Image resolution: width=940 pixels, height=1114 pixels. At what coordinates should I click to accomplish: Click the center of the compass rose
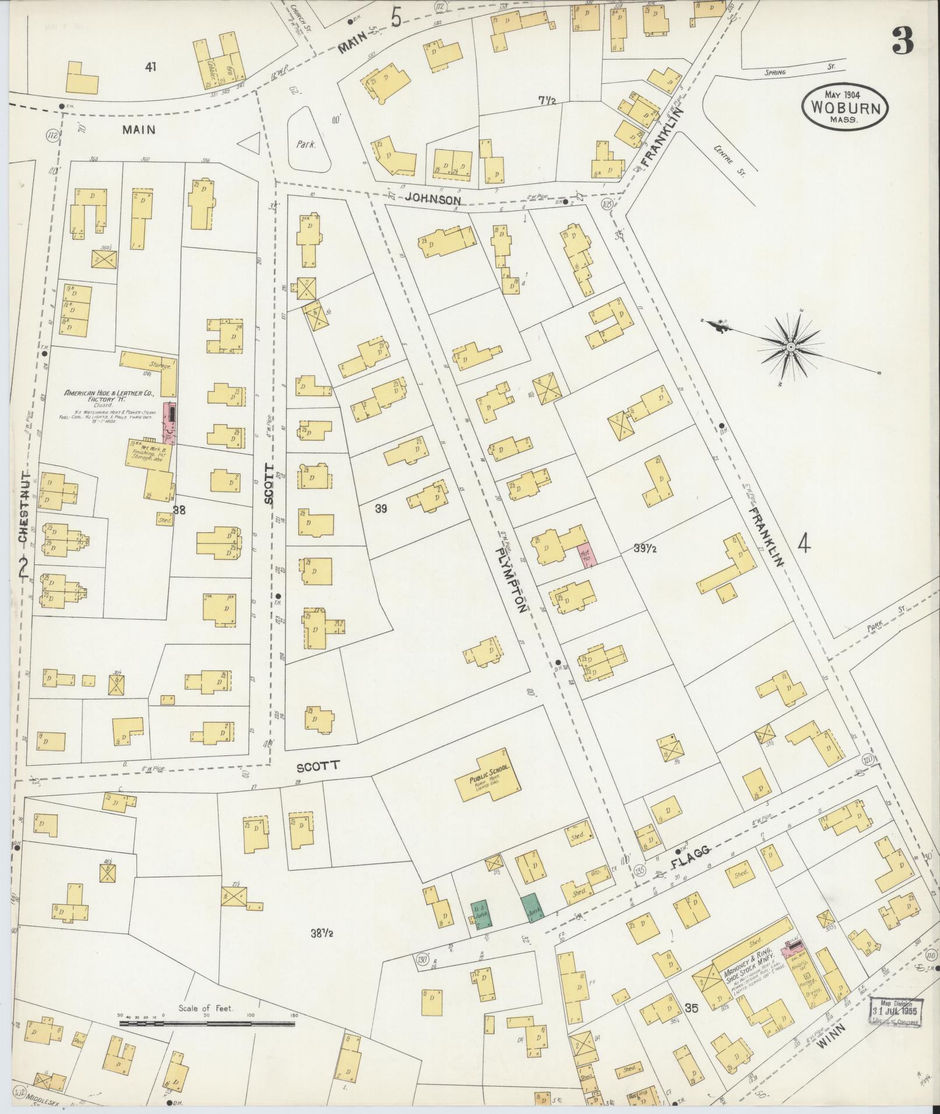click(791, 348)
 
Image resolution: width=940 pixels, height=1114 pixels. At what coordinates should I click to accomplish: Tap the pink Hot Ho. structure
click(585, 553)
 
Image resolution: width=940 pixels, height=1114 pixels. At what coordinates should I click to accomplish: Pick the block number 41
click(151, 68)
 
